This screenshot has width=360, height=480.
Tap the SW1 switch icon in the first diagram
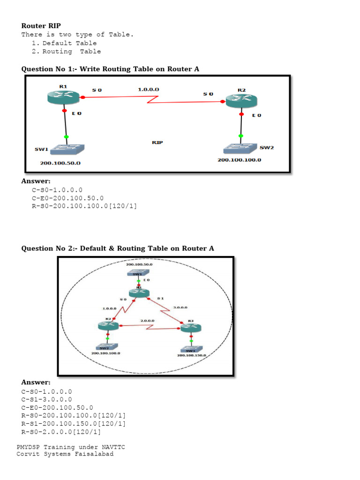click(x=67, y=150)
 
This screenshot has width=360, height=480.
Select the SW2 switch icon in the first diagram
click(x=240, y=148)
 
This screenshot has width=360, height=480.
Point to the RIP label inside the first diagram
click(x=157, y=142)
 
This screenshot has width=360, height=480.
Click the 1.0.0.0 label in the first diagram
click(x=148, y=89)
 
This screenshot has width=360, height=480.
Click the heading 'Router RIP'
click(x=41, y=26)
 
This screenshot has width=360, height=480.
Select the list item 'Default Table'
click(x=69, y=43)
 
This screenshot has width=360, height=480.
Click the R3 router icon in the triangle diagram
click(x=191, y=327)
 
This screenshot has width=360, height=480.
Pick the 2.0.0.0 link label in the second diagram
click(x=148, y=321)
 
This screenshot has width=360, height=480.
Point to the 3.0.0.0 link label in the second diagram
click(x=180, y=307)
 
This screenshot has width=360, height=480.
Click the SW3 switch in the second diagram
click(x=190, y=350)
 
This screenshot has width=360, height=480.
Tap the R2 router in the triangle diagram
click(x=108, y=326)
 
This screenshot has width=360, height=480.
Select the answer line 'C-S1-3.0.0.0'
click(x=47, y=399)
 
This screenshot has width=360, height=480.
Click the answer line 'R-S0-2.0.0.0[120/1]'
click(x=61, y=432)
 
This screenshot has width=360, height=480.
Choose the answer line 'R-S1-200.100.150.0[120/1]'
click(x=74, y=424)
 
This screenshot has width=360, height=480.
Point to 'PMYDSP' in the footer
click(x=29, y=447)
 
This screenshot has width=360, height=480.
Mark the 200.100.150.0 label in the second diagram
click(x=191, y=356)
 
